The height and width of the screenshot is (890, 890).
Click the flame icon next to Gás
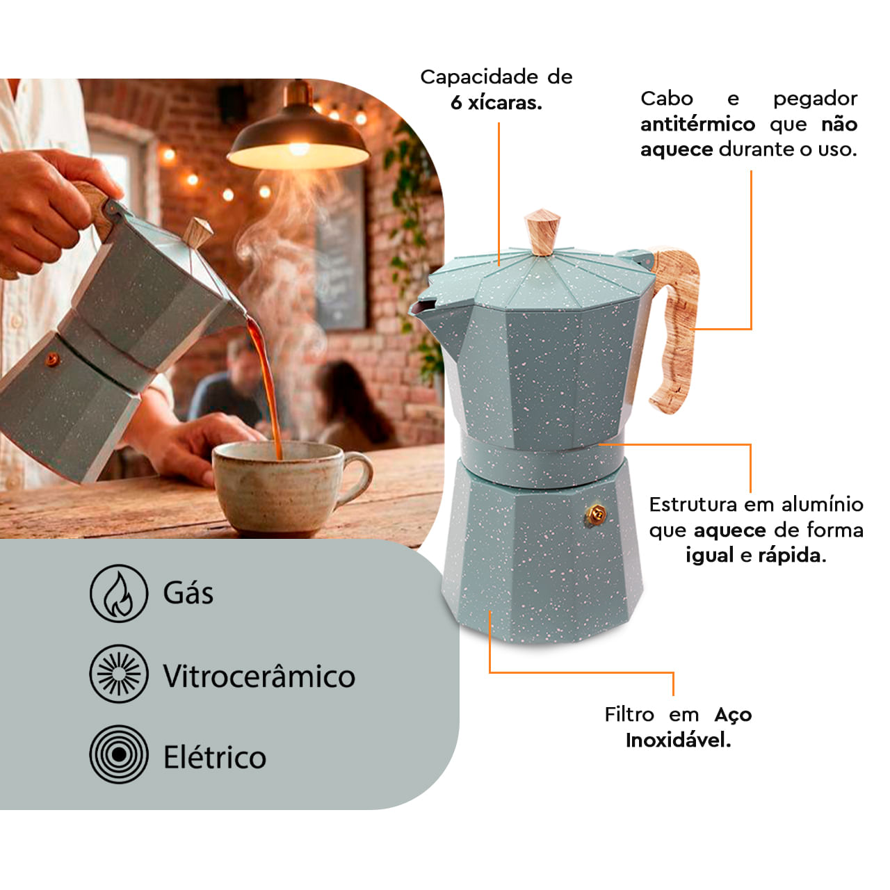click(119, 594)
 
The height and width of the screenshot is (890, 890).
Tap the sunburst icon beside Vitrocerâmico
click(119, 674)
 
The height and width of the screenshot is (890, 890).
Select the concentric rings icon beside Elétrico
click(119, 754)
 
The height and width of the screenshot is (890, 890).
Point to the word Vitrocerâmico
click(259, 676)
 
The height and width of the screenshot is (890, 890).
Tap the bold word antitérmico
click(697, 124)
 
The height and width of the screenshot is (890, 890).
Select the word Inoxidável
click(678, 740)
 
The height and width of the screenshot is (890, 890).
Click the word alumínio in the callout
click(822, 505)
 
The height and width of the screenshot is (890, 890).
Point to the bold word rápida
click(792, 555)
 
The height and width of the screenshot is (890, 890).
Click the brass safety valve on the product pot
click(596, 514)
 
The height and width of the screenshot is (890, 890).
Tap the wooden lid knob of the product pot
click(542, 232)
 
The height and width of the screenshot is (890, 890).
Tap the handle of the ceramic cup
click(355, 477)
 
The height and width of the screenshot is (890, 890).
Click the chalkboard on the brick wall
click(341, 250)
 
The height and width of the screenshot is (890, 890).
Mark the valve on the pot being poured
click(52, 359)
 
